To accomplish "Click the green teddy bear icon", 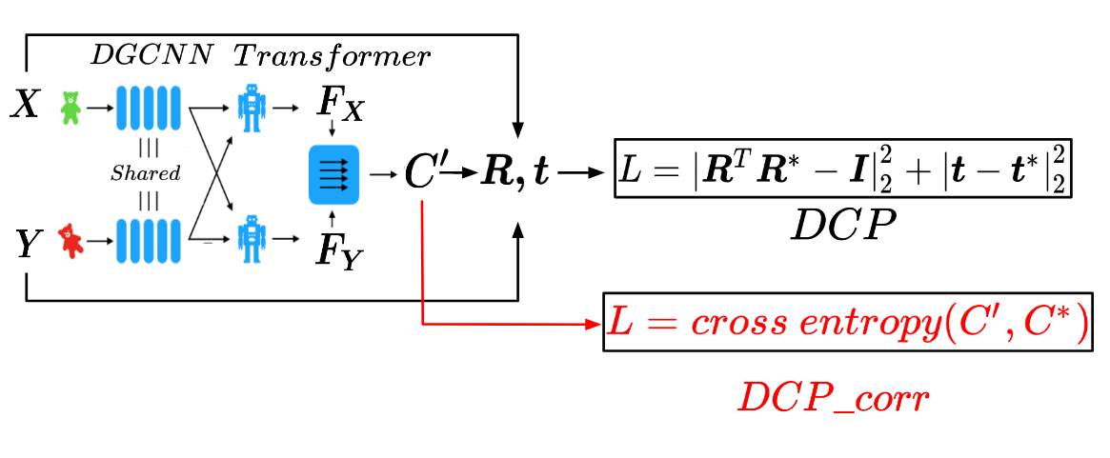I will [70, 108].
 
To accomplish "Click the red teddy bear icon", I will [71, 241].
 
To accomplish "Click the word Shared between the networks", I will [146, 174].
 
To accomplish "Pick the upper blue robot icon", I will [252, 108].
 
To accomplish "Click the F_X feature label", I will [339, 108].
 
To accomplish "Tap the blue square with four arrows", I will [333, 174].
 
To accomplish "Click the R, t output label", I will [514, 175].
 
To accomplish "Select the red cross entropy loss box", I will [847, 326].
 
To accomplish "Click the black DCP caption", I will [843, 227].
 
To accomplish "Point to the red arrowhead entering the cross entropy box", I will [595, 326].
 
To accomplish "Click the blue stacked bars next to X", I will [148, 108].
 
